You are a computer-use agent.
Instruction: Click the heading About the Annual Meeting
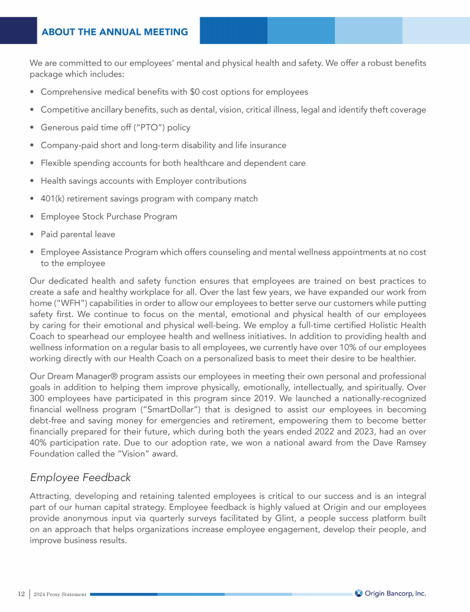tap(114, 31)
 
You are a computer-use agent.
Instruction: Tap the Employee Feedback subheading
tap(81, 477)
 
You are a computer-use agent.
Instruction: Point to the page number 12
tap(20, 594)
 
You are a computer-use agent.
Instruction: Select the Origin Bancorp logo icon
tap(359, 592)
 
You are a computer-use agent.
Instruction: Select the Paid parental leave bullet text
tap(78, 234)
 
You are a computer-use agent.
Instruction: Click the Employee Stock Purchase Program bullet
tap(109, 216)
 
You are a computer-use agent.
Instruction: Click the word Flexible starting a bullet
tap(57, 163)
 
